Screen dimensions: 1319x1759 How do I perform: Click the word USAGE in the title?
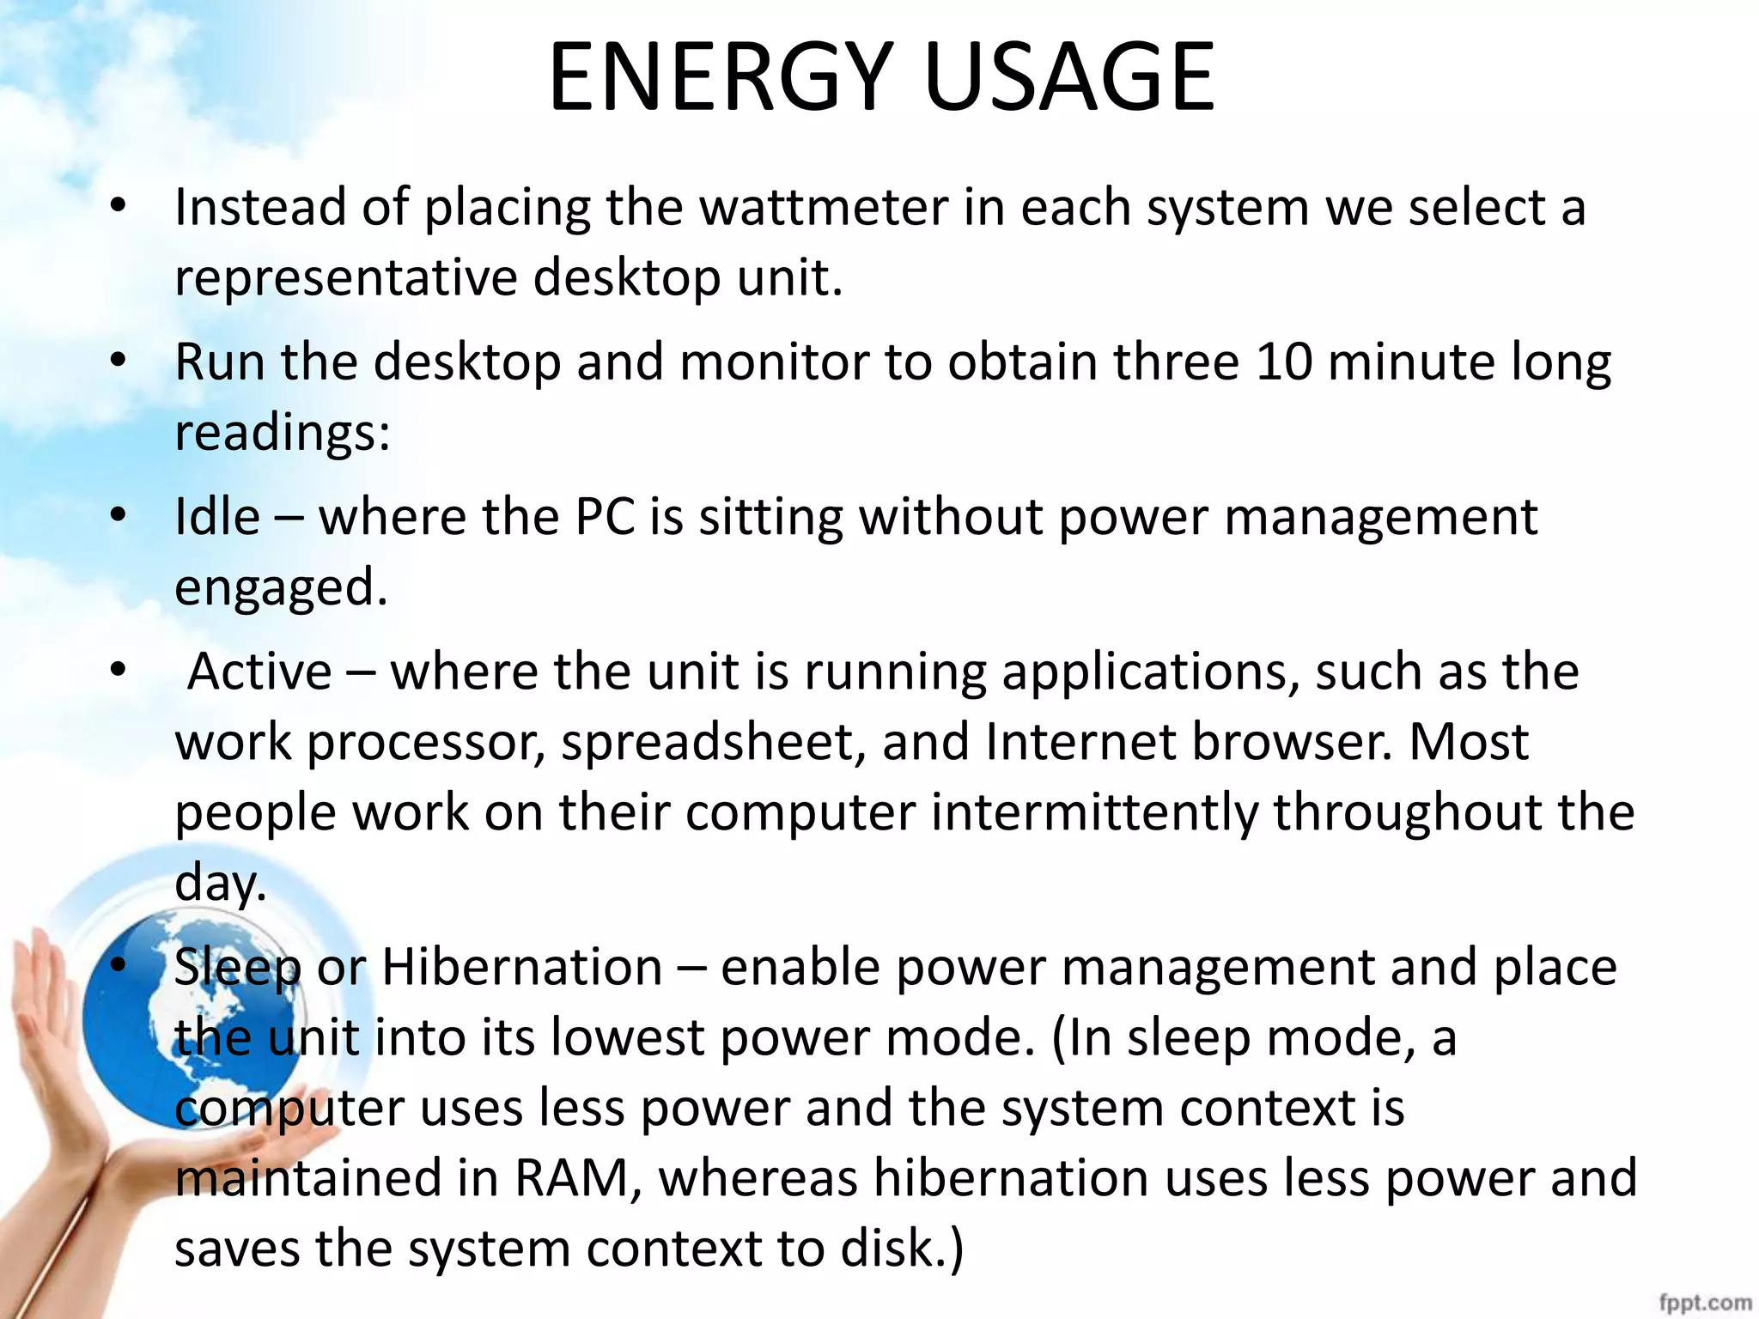click(1069, 77)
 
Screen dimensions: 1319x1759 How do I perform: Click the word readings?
click(283, 432)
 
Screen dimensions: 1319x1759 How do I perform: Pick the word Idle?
click(216, 517)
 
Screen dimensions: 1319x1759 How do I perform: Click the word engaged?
click(281, 588)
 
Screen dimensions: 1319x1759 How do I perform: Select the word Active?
click(259, 672)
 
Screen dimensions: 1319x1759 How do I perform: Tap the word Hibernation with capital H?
click(521, 968)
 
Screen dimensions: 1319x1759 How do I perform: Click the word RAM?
click(578, 1177)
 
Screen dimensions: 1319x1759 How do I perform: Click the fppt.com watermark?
click(1704, 1302)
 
